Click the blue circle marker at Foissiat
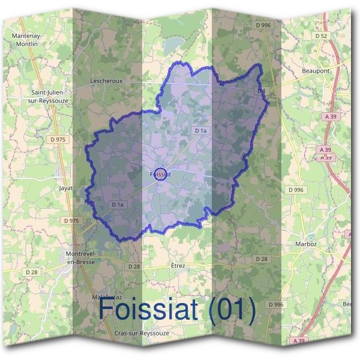[160, 174]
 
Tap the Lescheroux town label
[106, 79]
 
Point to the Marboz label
[306, 244]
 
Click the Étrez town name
[178, 265]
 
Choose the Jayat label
[65, 188]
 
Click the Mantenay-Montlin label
[26, 40]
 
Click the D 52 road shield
[323, 36]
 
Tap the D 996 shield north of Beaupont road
[263, 25]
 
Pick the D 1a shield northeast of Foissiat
[200, 130]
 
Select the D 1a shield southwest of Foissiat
[117, 205]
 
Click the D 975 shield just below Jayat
[71, 221]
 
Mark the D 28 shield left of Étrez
[134, 266]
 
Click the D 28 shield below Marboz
[261, 259]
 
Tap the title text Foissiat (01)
[177, 310]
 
